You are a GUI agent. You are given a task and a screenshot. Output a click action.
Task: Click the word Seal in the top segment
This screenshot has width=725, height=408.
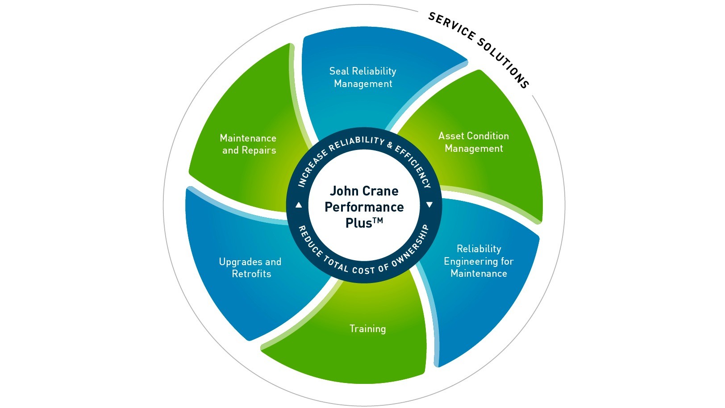coord(339,71)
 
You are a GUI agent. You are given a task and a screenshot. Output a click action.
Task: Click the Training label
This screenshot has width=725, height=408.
coord(367,329)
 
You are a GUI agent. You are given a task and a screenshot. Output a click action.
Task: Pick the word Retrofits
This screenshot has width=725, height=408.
coord(251,274)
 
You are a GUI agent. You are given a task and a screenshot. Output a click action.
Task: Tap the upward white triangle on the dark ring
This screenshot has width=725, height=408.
coord(299,205)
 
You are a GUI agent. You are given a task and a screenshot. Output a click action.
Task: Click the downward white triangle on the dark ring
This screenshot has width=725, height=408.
coord(429,205)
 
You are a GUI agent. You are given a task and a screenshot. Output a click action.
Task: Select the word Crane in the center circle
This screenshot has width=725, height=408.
coord(380,191)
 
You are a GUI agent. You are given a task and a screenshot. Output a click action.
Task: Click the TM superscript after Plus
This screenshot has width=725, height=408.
coord(378,220)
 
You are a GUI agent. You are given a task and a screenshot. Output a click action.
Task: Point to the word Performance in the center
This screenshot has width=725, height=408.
coord(364,207)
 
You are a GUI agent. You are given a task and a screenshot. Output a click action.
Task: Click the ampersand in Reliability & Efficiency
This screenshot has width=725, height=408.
coord(390,145)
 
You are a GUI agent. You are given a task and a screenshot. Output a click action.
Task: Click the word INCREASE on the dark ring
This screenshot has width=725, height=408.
coord(312,168)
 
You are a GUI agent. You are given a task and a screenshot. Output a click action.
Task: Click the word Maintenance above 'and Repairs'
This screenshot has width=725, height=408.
coord(248,138)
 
